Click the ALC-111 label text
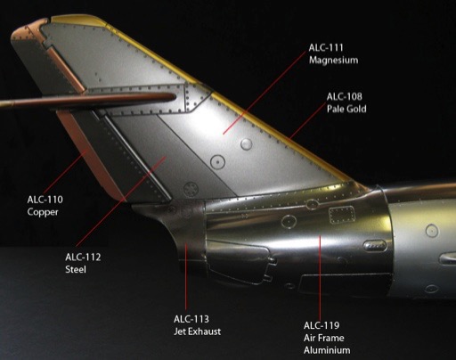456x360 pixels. click(326, 47)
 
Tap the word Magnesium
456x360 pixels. click(333, 61)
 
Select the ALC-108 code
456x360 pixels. click(345, 96)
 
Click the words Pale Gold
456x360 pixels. click(346, 109)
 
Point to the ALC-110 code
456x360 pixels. click(45, 200)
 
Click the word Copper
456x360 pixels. click(43, 212)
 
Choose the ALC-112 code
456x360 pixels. click(83, 257)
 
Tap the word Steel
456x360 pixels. click(76, 270)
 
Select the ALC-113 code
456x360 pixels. click(191, 319)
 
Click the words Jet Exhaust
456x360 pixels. click(198, 331)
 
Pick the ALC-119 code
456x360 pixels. click(322, 325)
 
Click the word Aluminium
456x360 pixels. click(327, 350)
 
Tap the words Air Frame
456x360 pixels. click(324, 338)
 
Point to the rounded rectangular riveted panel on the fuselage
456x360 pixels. click(341, 214)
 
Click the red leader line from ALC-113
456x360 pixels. click(186, 276)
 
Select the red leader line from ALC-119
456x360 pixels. click(320, 277)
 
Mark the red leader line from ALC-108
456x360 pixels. click(307, 121)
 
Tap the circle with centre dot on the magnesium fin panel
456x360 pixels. click(217, 162)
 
